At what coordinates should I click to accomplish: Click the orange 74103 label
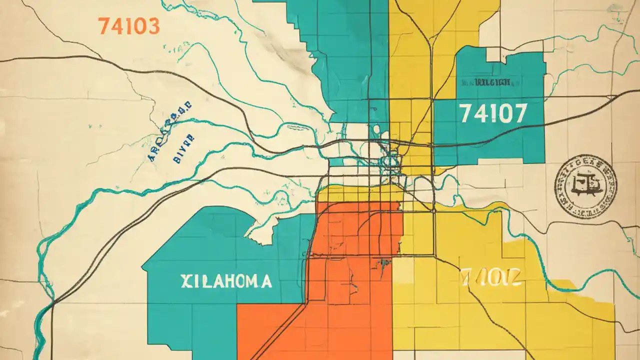129,26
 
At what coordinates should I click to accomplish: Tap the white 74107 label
493,114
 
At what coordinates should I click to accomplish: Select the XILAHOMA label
226,281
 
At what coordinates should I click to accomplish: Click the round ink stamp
585,186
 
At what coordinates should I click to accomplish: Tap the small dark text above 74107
485,82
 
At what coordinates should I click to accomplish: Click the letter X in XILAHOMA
185,281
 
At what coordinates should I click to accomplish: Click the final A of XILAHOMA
266,281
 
